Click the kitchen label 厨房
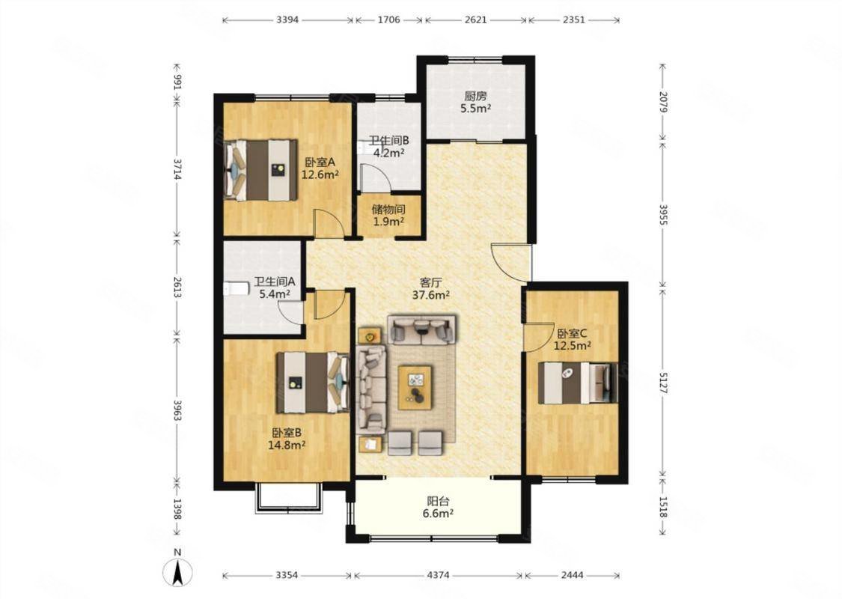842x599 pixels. (x=475, y=96)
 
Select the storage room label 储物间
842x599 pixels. (x=388, y=209)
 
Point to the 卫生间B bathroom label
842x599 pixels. (x=388, y=141)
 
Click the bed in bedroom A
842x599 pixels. (x=260, y=170)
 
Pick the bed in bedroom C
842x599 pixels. (x=579, y=383)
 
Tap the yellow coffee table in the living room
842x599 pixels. (x=415, y=387)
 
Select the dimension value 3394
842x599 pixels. (x=288, y=20)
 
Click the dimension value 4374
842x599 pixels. (x=438, y=575)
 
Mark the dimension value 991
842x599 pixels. (x=178, y=82)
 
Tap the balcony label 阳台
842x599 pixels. (x=438, y=501)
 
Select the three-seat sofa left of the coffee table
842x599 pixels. (x=371, y=389)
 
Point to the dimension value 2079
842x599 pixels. (x=663, y=101)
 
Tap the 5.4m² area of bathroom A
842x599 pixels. (x=275, y=294)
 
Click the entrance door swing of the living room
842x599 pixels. (x=510, y=263)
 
